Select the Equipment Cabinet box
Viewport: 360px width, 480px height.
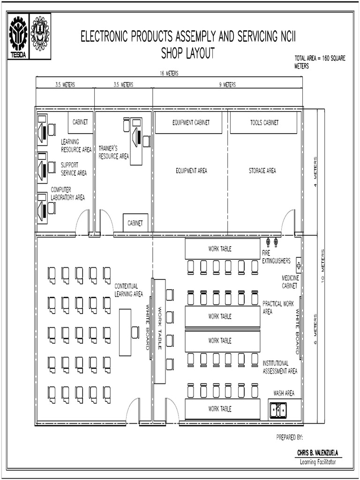(190, 123)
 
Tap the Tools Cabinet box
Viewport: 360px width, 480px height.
(264, 123)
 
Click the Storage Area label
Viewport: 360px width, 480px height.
(262, 171)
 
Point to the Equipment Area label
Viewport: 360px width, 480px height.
(191, 171)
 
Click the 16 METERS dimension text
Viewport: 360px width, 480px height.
(169, 74)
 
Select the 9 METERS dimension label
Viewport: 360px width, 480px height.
(227, 85)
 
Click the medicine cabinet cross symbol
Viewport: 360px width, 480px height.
(299, 266)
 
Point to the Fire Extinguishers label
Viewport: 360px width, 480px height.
(276, 257)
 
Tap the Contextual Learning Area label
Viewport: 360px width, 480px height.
(128, 290)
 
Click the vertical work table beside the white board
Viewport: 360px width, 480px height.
(160, 331)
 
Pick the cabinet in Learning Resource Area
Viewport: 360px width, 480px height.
(80, 122)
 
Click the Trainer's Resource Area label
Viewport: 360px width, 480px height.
(113, 152)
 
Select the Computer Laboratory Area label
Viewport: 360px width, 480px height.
(67, 194)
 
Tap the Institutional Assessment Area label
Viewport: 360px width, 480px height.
(280, 367)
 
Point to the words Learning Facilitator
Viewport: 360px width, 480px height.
(318, 462)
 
